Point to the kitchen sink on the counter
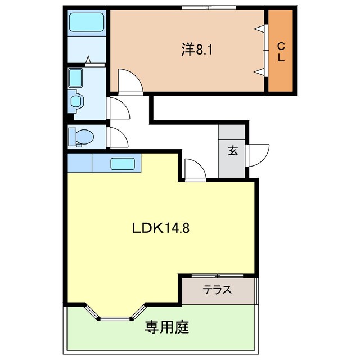click(122, 164)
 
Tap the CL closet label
click(281, 51)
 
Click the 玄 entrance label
click(232, 150)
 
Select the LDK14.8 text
click(164, 228)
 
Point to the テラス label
click(218, 291)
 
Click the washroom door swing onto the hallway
click(117, 108)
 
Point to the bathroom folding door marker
click(88, 59)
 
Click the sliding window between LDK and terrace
click(218, 276)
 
